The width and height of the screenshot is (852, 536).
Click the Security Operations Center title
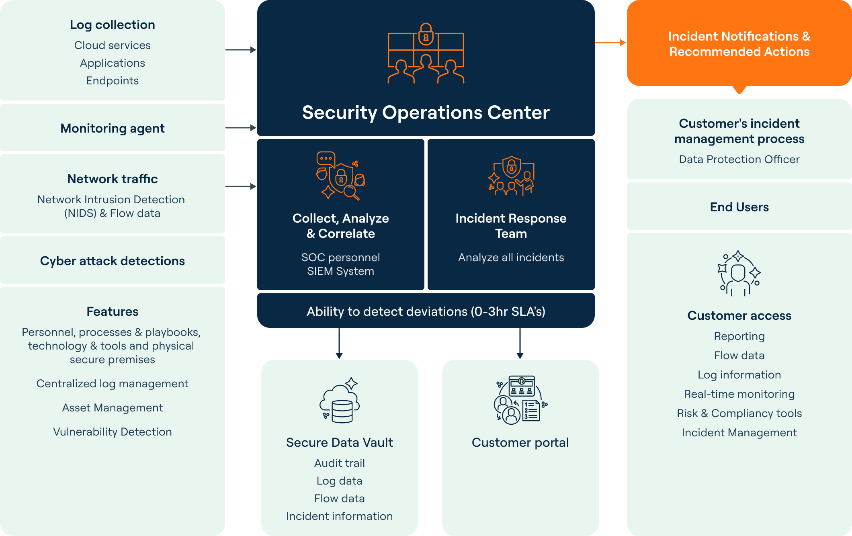[426, 113]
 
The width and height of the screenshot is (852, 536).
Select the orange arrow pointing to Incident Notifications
[610, 42]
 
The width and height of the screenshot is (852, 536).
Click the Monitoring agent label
[112, 128]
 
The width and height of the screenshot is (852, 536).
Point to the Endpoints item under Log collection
[112, 81]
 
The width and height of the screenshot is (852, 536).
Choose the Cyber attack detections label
[112, 261]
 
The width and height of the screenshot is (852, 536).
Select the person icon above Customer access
[739, 274]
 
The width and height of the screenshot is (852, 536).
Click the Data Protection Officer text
[739, 160]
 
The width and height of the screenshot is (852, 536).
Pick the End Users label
[739, 207]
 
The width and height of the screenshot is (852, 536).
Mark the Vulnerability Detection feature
[112, 432]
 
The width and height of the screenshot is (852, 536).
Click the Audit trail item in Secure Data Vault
[339, 463]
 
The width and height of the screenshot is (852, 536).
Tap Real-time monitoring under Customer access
[739, 394]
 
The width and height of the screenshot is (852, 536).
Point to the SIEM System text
[340, 271]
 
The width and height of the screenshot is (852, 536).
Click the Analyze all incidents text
[511, 258]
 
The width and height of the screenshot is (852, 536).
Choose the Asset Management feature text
[112, 408]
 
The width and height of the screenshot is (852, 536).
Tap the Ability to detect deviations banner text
[426, 311]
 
